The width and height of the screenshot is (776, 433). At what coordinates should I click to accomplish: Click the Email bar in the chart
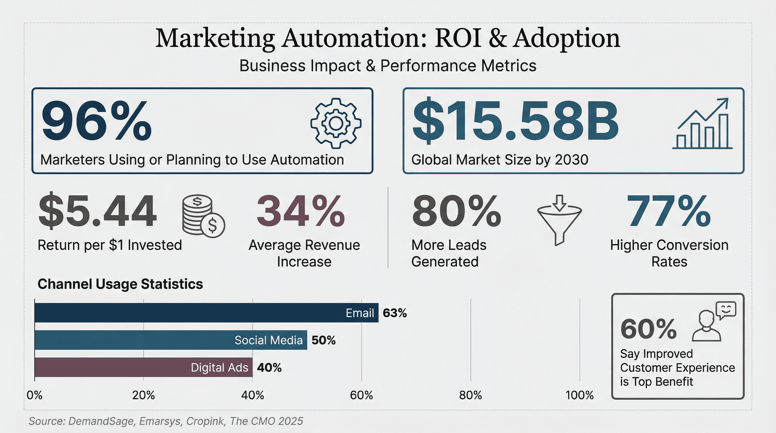point(207,313)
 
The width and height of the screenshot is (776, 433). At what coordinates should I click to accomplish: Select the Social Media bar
point(171,340)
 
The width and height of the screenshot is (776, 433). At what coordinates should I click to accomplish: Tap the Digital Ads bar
point(143,367)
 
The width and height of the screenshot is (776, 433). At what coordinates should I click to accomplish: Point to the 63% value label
point(395,313)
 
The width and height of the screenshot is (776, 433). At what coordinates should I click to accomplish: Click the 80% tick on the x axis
point(470,395)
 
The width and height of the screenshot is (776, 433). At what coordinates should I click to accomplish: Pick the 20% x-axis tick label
point(143,395)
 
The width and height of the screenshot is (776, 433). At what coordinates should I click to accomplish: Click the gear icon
point(336,123)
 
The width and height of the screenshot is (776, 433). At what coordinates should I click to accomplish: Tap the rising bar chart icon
point(702,123)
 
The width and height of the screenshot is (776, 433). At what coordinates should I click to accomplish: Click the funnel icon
point(559,220)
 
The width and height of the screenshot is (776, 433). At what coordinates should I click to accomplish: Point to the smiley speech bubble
point(726,310)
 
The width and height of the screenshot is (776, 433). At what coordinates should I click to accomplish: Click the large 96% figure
point(97,121)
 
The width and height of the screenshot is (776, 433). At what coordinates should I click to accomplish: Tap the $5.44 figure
point(97,211)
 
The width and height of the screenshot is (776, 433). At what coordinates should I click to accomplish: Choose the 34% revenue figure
point(301,211)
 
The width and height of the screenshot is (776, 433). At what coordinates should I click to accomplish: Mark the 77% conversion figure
point(668,211)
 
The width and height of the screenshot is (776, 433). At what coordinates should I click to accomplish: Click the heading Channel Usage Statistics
point(120,284)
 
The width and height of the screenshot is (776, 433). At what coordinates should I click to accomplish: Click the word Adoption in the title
point(567,39)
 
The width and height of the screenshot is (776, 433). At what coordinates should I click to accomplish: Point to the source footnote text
point(166,421)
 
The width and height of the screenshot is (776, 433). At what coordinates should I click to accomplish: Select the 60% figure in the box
point(648,329)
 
